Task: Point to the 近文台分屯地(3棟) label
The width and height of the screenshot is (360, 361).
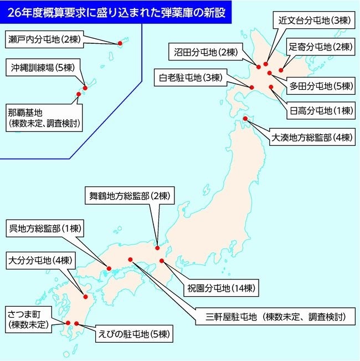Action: pyautogui.click(x=312, y=21)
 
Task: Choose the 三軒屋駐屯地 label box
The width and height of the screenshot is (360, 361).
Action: pyautogui.click(x=276, y=317)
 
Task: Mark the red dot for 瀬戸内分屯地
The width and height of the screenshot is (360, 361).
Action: pyautogui.click(x=120, y=43)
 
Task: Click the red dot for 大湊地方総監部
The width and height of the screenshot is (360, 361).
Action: pyautogui.click(x=246, y=118)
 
